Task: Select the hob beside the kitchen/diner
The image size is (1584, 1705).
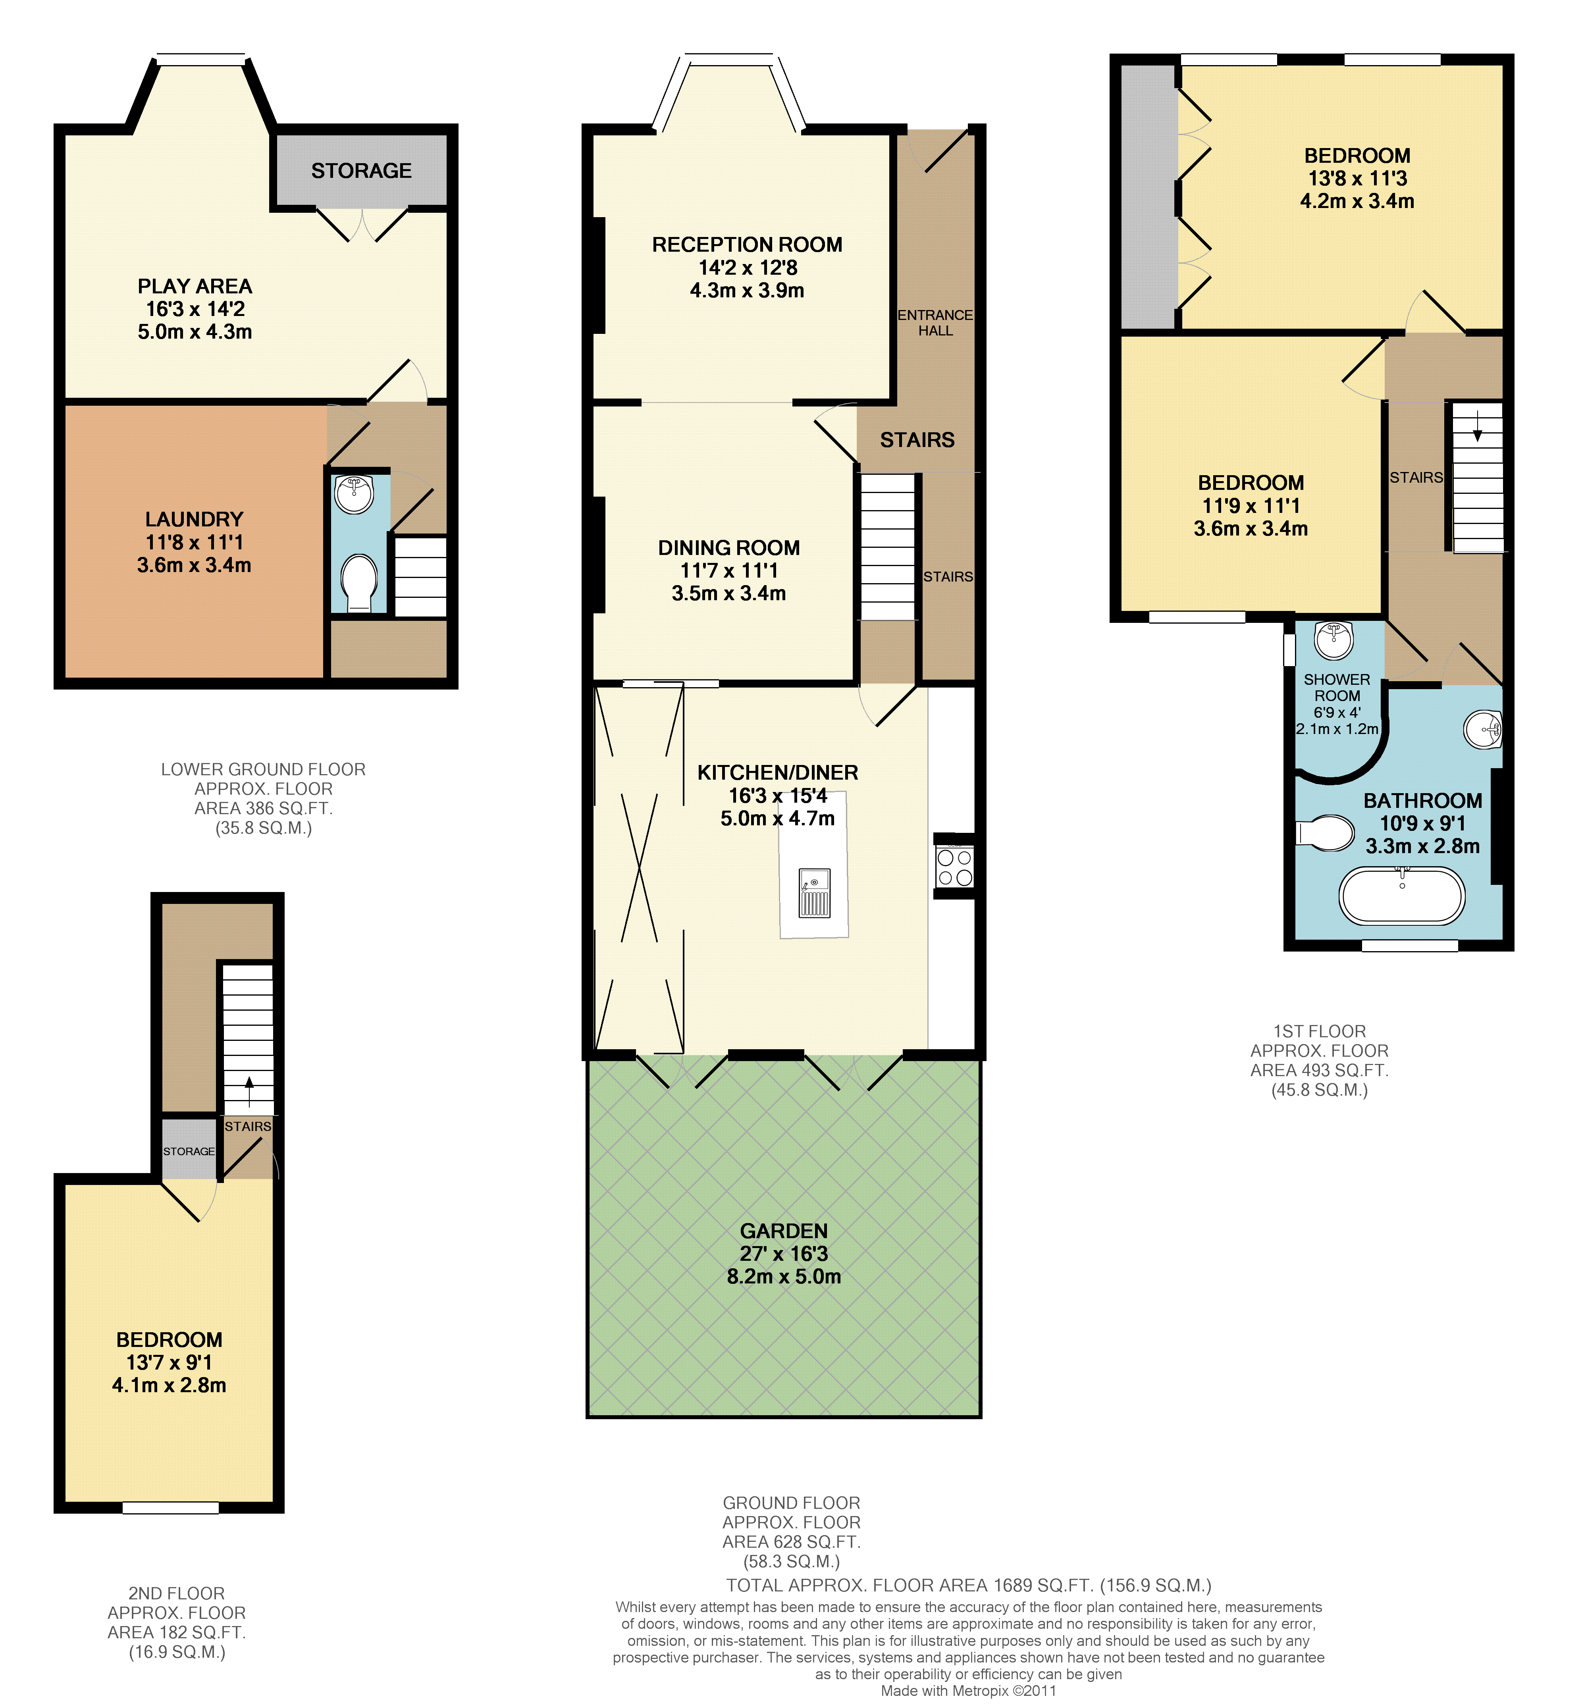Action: click(x=954, y=866)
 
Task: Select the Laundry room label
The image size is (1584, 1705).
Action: click(x=195, y=520)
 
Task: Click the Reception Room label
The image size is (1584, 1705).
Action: click(x=748, y=245)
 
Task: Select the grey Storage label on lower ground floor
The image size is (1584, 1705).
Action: click(x=362, y=171)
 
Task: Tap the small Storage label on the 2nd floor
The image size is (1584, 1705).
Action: click(x=189, y=1151)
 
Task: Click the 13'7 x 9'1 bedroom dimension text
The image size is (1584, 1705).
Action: click(x=169, y=1362)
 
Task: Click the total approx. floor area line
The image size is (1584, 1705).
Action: click(x=969, y=1586)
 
